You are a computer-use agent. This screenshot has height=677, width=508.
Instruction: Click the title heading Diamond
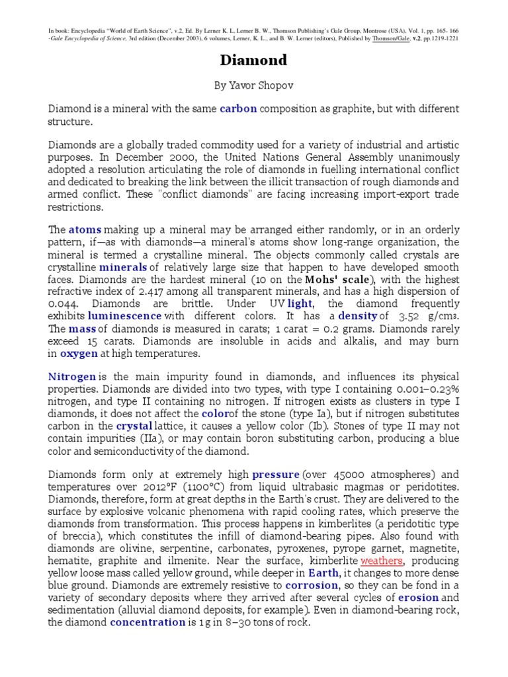(x=254, y=60)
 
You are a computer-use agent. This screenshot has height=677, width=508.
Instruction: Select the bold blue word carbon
(x=238, y=108)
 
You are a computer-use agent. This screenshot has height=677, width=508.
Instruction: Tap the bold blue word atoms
(x=85, y=230)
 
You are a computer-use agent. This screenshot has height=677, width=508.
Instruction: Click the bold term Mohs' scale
(x=333, y=280)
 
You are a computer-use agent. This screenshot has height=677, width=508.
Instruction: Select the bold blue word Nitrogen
(x=72, y=376)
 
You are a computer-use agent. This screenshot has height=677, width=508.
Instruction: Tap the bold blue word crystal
(x=135, y=426)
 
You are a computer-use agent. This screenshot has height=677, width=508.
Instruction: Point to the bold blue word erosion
(x=418, y=598)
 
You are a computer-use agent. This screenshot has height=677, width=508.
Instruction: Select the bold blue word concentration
(x=148, y=622)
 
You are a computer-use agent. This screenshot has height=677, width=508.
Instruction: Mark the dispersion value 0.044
(x=63, y=303)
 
